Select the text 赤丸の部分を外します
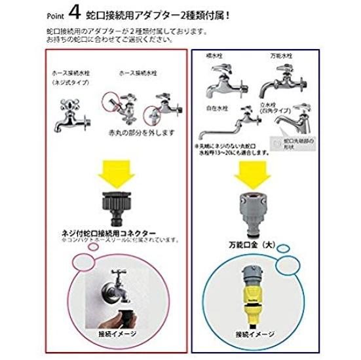138,133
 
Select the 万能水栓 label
281,58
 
